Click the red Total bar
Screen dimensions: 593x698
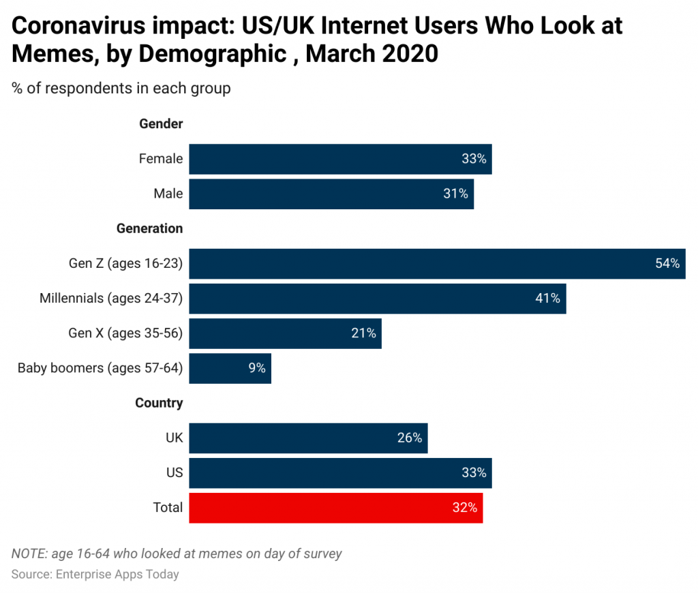[335, 508]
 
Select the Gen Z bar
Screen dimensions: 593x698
[436, 263]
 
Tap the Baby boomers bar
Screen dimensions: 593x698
[230, 368]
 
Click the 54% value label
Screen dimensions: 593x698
[667, 263]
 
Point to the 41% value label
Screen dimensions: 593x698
[547, 298]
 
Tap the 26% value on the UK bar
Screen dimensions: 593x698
[410, 438]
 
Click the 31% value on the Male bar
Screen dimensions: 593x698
[455, 194]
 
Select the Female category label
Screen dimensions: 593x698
[161, 159]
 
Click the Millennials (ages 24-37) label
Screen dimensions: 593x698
[111, 298]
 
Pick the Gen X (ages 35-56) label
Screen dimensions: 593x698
[125, 333]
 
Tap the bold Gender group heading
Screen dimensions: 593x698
[161, 124]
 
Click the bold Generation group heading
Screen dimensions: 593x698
[149, 228]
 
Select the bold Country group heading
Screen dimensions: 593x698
[159, 403]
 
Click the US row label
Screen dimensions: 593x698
[174, 472]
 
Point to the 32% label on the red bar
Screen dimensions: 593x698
[464, 508]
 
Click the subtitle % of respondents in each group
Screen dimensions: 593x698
[121, 88]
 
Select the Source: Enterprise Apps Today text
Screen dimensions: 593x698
[95, 574]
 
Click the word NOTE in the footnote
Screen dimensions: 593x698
[29, 553]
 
